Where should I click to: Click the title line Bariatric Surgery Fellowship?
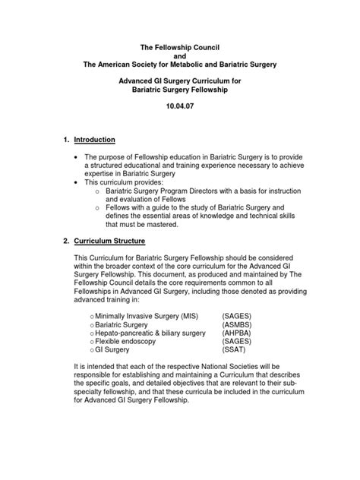(181, 90)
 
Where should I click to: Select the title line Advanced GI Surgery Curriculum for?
(181, 80)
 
